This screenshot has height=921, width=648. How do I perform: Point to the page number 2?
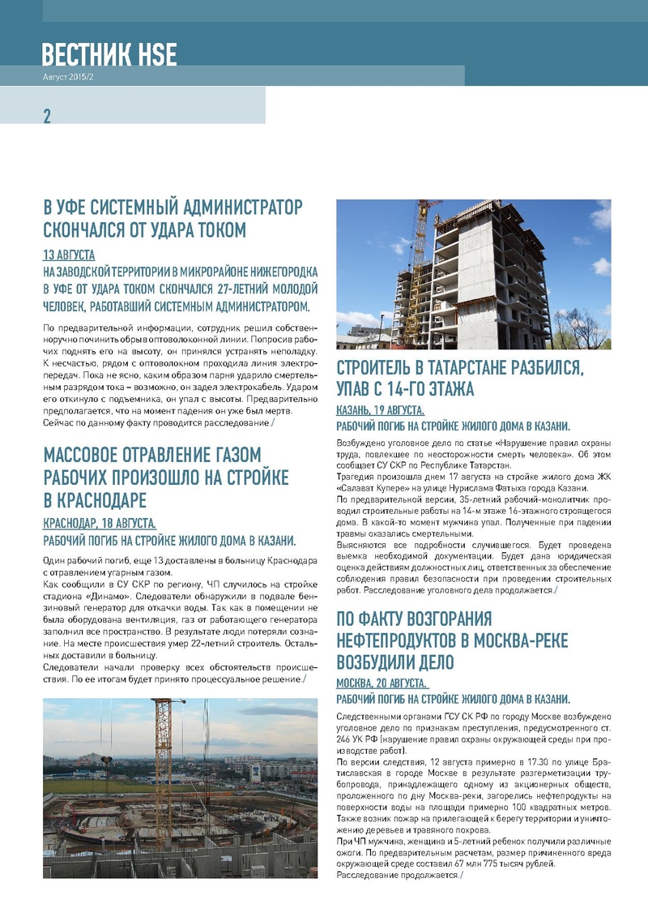47,116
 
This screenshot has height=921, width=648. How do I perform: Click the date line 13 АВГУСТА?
69,255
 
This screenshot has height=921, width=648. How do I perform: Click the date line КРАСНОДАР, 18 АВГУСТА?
99,524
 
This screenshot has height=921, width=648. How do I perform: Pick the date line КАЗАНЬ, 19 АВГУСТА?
380,410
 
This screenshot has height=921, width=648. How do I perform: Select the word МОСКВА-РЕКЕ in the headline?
512,641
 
